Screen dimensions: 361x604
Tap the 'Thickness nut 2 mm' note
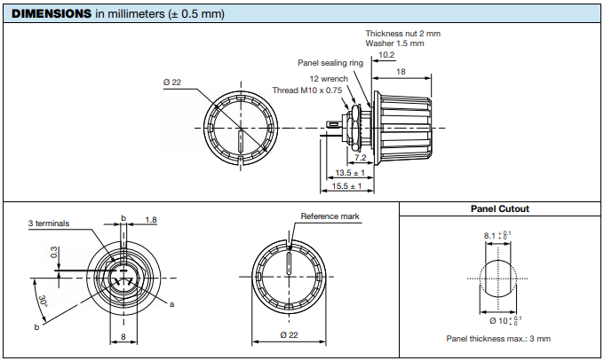(402, 34)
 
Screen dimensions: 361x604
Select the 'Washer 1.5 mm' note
(394, 43)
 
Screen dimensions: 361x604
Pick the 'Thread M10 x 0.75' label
(306, 90)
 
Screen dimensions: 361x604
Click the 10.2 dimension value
(386, 54)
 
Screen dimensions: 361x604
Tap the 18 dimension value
(401, 71)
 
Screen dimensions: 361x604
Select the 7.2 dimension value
(360, 158)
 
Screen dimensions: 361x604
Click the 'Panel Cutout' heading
(499, 209)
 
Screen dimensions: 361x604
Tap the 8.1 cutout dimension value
(490, 236)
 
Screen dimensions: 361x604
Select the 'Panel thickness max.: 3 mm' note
(498, 338)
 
